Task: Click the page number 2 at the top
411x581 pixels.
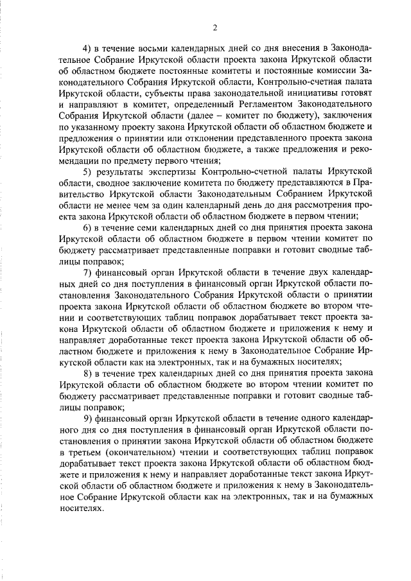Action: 216,27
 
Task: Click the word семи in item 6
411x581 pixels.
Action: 148,227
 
